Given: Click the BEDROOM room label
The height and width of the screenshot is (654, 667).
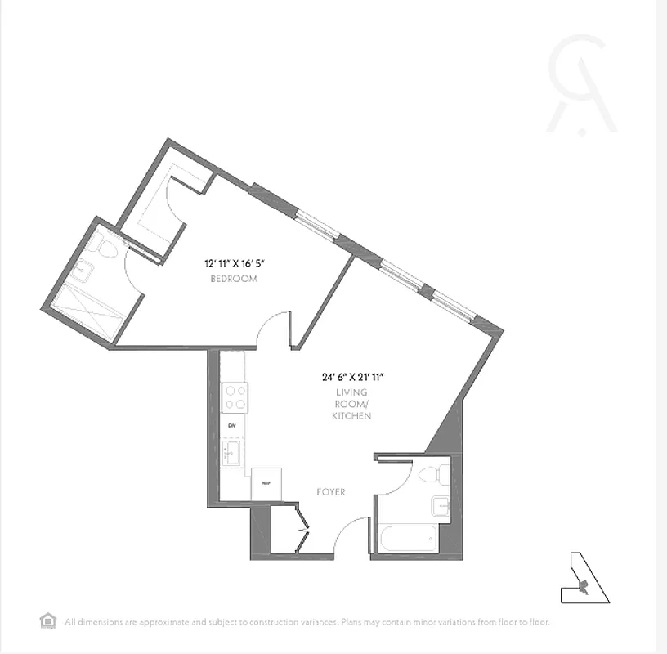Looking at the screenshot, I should pos(234,279).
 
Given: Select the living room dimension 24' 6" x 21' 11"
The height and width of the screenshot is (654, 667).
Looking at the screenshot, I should pos(353,378).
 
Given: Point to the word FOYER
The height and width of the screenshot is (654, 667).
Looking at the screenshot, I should pos(331,492).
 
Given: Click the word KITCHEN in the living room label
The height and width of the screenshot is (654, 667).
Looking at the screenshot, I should pos(351,416).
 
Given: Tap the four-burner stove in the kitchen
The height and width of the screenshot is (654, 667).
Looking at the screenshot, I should pos(235,397).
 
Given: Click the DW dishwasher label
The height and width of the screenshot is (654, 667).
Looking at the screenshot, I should pos(231,427).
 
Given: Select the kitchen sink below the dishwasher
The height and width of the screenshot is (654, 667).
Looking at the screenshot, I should pos(233,452).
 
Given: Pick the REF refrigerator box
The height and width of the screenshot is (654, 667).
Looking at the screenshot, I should pos(266,483).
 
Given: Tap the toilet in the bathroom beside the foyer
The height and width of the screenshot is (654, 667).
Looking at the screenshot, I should pos(432,474).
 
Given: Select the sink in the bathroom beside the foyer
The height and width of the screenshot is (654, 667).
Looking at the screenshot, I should pos(441,507).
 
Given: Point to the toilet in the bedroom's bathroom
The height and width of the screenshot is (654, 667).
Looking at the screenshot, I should pos(98,243).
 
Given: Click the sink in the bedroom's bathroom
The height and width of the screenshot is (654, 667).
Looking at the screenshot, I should pos(82,271).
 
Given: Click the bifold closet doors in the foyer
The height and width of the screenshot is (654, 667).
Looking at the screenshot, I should pos(302,531).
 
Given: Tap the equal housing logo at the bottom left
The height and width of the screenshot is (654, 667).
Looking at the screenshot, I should pos(47,620).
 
